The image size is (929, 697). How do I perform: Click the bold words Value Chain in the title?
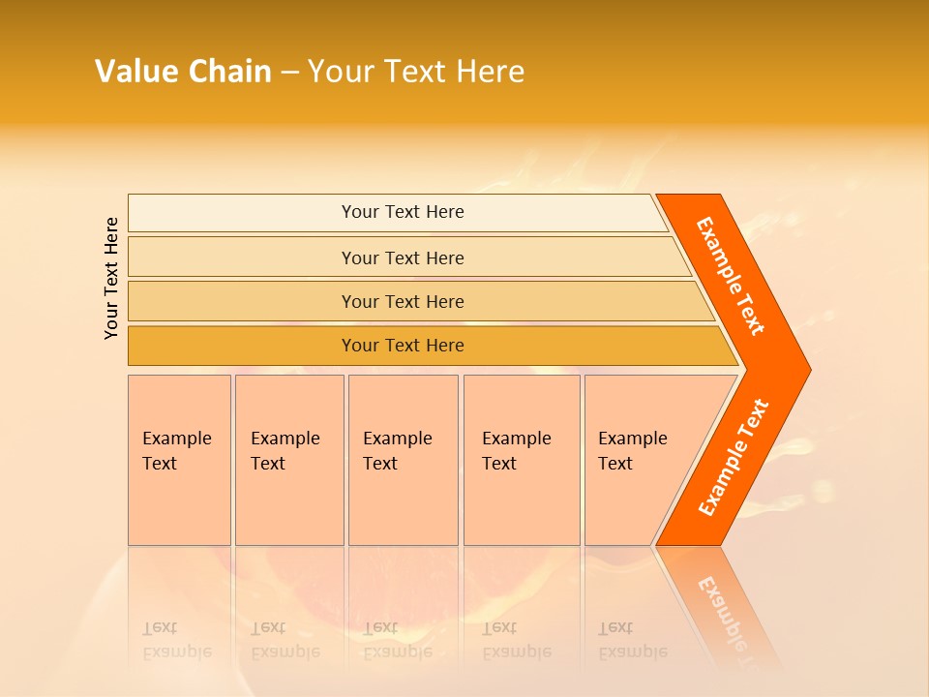coord(183,72)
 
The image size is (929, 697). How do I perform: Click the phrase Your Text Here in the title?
coord(416,72)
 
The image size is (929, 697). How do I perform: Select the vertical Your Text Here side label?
coord(111,278)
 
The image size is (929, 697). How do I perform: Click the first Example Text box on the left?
coord(179,460)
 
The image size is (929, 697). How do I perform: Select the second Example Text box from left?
coord(288,460)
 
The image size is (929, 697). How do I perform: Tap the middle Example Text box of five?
coord(403,460)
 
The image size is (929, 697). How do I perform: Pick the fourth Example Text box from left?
coord(521,460)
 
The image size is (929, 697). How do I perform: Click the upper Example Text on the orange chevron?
coord(731,276)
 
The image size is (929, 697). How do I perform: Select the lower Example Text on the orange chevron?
coord(734,458)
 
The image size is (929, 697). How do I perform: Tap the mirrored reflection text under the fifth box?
coord(632,640)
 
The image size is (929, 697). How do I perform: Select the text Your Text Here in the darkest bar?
coord(403,346)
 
